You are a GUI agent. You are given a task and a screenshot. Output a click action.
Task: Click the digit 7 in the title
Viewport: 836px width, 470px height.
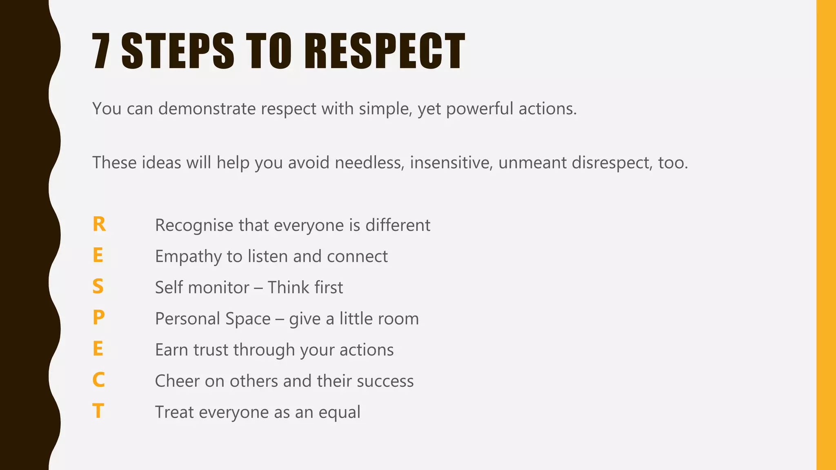click(x=101, y=51)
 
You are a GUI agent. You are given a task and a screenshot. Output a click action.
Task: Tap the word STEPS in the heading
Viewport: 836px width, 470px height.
click(x=178, y=51)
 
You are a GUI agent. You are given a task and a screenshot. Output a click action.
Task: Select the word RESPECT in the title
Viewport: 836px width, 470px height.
click(x=385, y=51)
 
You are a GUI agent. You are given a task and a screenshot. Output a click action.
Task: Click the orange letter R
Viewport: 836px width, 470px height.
click(x=99, y=224)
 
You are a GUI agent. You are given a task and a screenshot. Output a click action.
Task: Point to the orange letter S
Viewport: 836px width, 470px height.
click(x=98, y=287)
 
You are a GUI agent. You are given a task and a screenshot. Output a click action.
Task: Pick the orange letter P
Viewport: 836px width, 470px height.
click(x=98, y=318)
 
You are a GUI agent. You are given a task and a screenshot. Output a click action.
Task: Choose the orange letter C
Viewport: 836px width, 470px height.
click(x=98, y=380)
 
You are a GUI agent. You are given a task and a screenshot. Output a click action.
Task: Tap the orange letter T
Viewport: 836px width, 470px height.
click(x=98, y=411)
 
